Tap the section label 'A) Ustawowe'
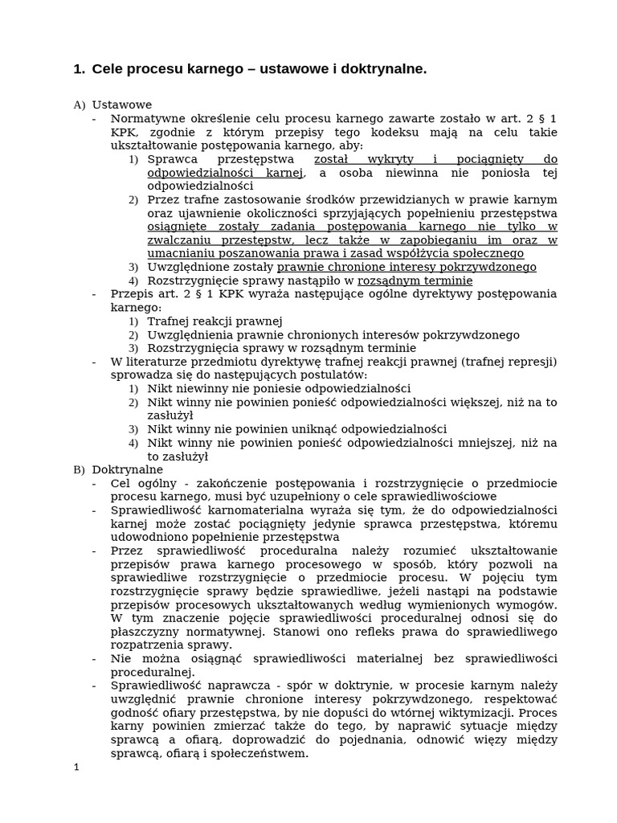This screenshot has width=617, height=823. (112, 105)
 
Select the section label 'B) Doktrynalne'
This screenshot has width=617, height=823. (118, 469)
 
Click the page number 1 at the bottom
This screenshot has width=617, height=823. (76, 768)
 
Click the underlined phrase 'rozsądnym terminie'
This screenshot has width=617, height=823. (415, 280)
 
